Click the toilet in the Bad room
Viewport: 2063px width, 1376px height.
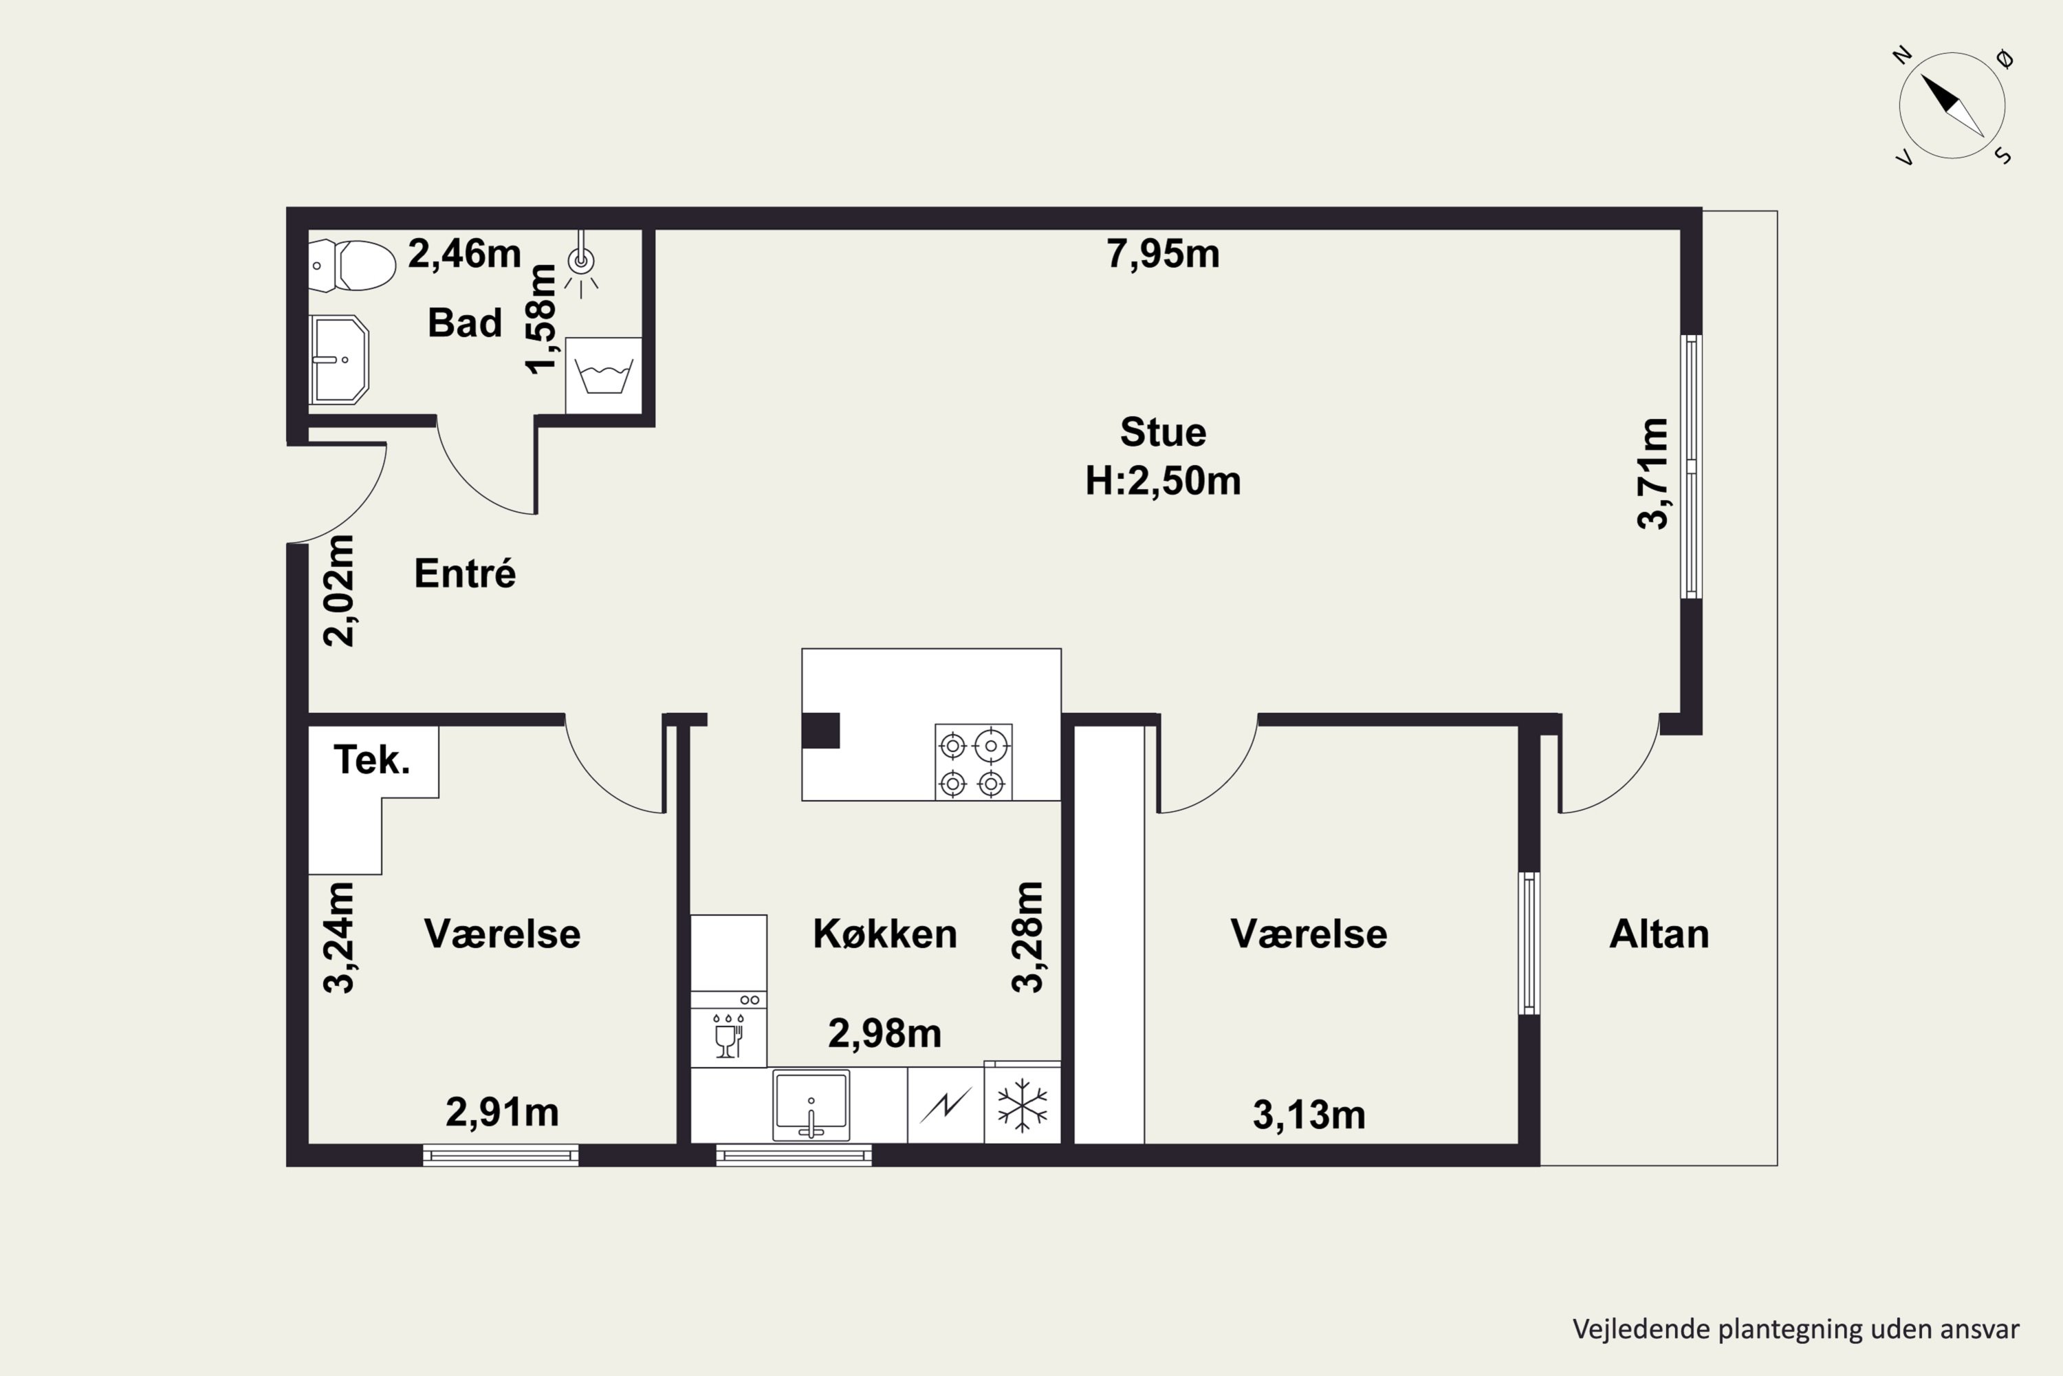(351, 265)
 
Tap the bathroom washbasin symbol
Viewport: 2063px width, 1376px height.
(338, 360)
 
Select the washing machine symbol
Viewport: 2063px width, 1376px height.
(604, 376)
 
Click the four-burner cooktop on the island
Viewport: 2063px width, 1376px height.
(974, 762)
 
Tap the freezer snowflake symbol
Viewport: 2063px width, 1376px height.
(1023, 1105)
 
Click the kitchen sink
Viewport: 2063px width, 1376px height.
(811, 1105)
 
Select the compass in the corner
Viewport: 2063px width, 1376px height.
(1952, 106)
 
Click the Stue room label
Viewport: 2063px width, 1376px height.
(1163, 433)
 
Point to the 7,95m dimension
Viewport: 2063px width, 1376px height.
(1163, 254)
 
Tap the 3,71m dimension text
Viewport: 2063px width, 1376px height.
(1652, 474)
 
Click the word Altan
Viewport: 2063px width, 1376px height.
(1659, 934)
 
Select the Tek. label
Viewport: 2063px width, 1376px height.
(372, 760)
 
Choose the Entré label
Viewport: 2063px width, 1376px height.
(465, 573)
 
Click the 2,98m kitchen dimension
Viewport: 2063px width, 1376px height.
(885, 1034)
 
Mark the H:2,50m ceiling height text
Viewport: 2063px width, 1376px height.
(1163, 481)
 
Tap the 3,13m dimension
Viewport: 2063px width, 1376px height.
(1309, 1115)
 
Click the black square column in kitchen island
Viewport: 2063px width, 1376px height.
(821, 731)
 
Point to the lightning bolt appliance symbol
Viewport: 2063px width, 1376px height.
(946, 1106)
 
